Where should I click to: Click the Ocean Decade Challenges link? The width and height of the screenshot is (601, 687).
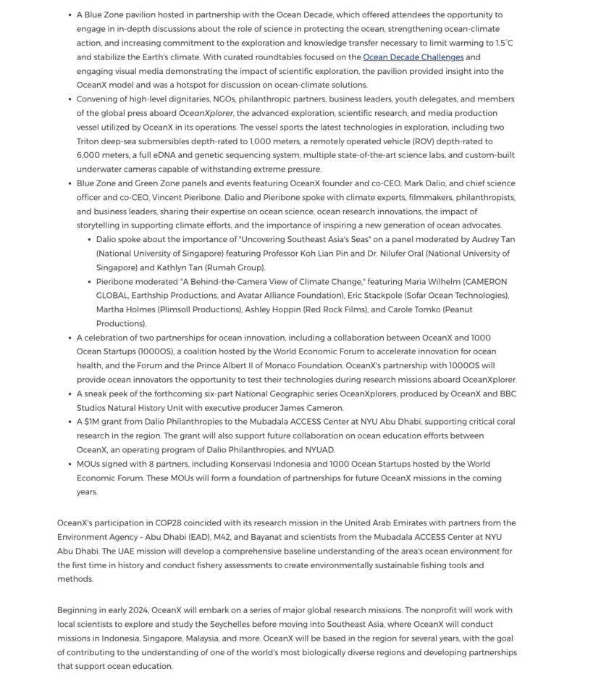413,57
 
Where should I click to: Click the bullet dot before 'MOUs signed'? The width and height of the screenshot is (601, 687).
70,464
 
